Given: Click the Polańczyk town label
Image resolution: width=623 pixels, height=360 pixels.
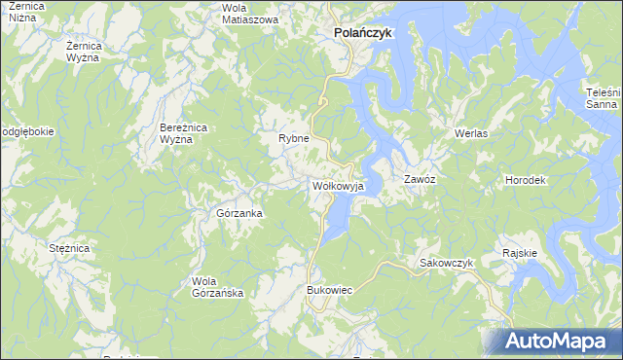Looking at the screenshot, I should click(x=363, y=32).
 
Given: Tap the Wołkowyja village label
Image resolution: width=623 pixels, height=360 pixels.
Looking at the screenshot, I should click(x=338, y=184).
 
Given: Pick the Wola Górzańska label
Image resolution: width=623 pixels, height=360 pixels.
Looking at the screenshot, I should click(x=210, y=287).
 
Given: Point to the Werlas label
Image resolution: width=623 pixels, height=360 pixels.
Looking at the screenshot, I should click(x=470, y=132).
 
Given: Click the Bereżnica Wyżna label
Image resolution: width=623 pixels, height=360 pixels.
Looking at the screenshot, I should click(x=183, y=133).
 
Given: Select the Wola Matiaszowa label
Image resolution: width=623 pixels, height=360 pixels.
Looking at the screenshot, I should click(x=249, y=13).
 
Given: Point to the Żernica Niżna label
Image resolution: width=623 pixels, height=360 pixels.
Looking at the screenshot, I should click(x=25, y=13).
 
